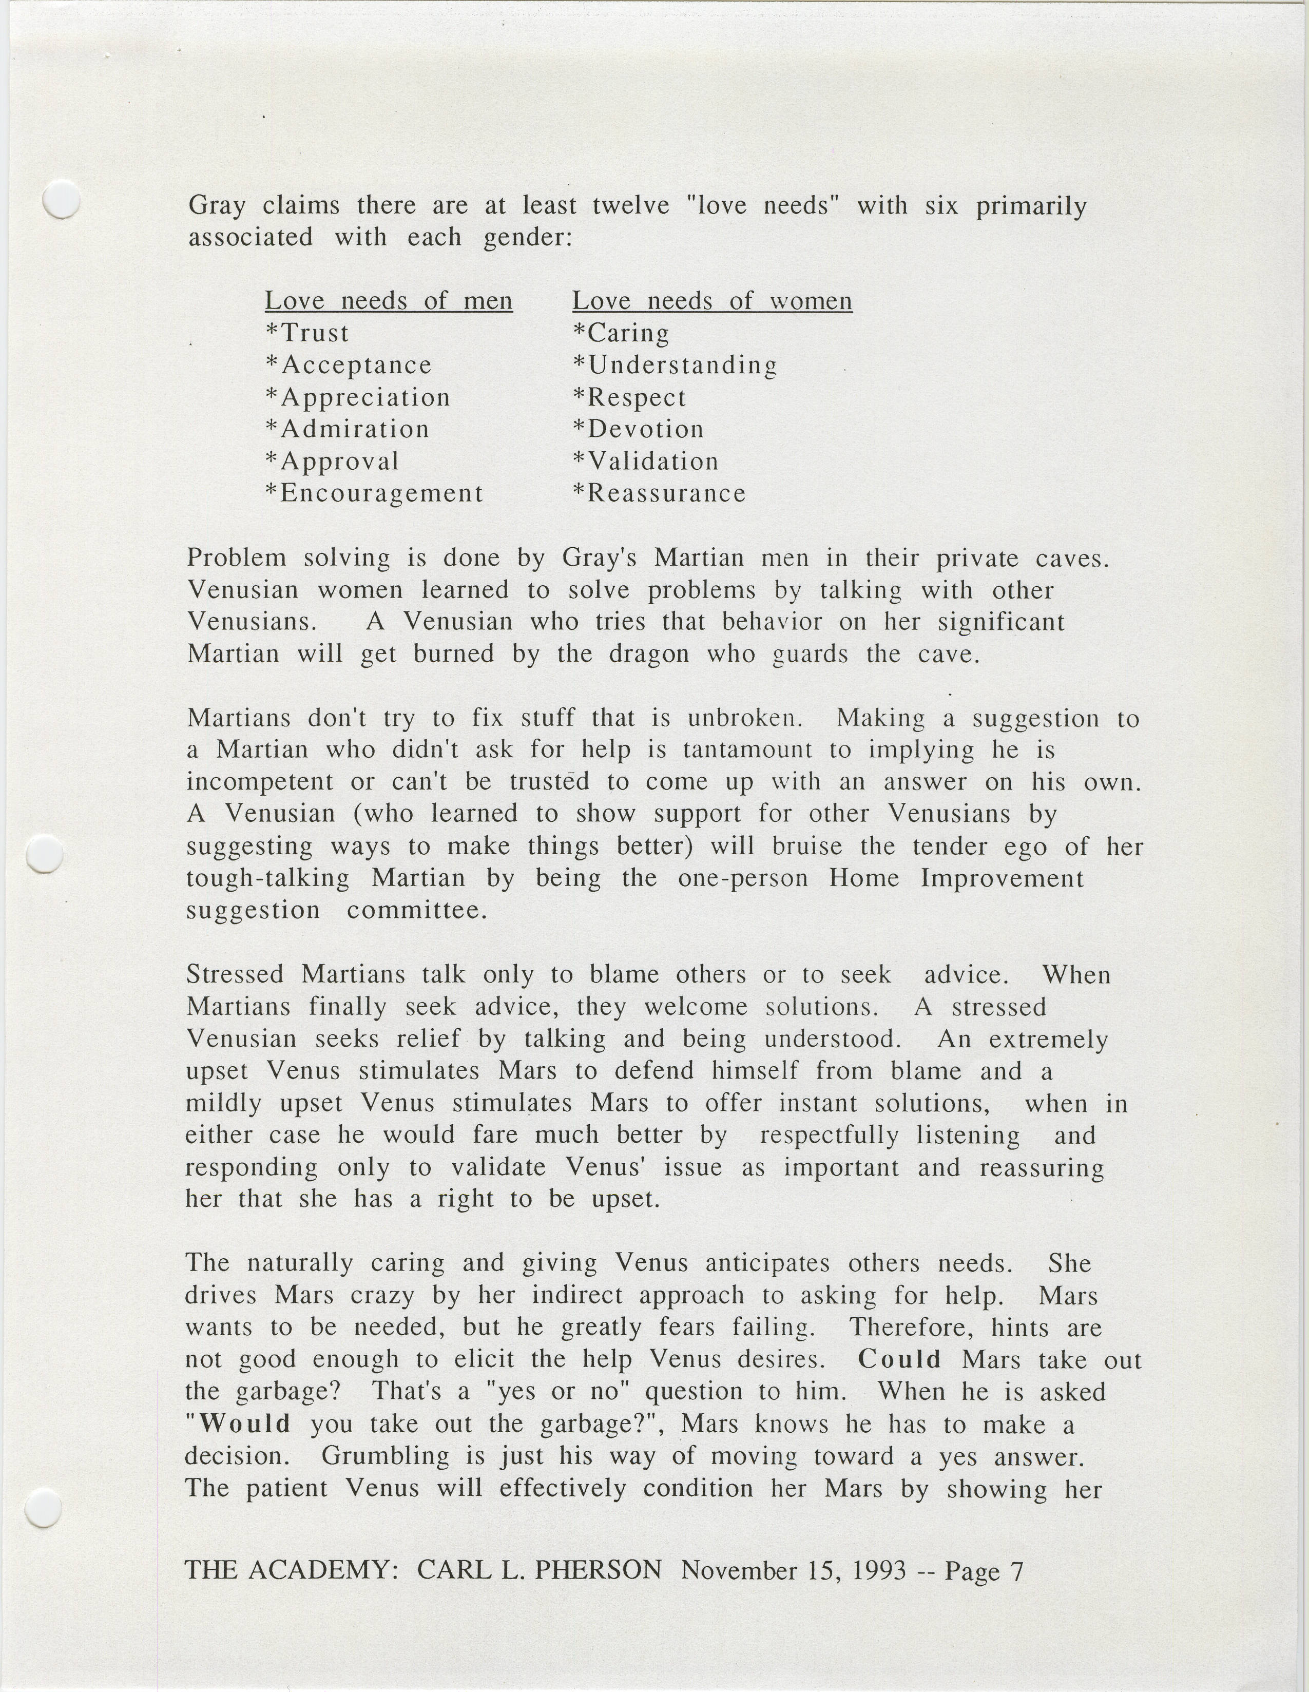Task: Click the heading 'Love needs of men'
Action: tap(388, 301)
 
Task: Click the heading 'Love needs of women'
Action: tap(712, 301)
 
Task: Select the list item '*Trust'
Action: tap(307, 333)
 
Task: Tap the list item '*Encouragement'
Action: tap(374, 493)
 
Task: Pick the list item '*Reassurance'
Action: tap(659, 493)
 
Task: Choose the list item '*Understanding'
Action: tap(675, 366)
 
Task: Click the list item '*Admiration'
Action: tap(347, 429)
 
